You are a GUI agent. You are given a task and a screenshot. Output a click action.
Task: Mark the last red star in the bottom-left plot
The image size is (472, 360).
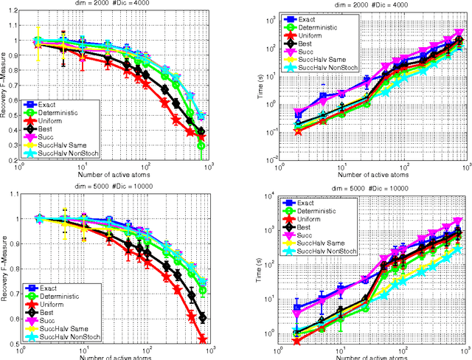tap(201, 339)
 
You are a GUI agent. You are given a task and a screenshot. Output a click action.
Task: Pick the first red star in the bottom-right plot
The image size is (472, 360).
tap(276, 340)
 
